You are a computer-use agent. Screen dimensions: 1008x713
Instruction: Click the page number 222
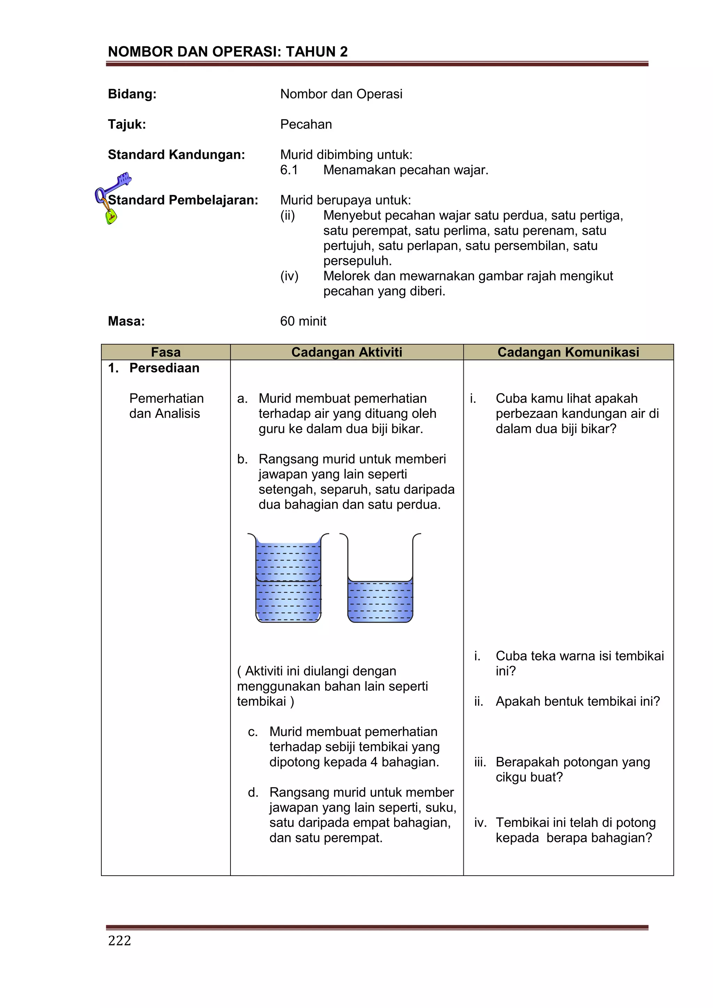point(119,940)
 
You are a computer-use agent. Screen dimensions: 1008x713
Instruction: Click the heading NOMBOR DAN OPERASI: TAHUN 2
point(227,52)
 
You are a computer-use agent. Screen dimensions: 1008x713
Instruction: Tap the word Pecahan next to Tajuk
point(306,124)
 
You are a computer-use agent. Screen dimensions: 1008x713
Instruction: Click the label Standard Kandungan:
point(176,155)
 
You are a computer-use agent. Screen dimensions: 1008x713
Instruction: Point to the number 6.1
point(289,170)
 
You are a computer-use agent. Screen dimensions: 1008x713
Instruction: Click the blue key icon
point(115,185)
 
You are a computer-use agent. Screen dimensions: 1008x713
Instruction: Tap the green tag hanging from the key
point(111,217)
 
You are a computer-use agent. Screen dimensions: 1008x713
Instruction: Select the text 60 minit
point(303,321)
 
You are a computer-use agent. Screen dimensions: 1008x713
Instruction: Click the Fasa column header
point(165,352)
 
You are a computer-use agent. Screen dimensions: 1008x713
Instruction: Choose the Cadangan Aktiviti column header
point(346,352)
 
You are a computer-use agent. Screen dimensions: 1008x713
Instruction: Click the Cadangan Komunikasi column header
point(568,352)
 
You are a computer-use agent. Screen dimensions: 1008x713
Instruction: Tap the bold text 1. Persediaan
point(154,368)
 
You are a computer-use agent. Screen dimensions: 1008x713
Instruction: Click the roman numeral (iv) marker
point(289,276)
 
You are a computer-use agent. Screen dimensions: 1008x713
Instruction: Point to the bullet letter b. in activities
point(242,459)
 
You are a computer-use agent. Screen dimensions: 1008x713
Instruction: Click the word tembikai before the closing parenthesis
point(261,701)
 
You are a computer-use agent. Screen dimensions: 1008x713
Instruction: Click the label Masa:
point(126,321)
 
